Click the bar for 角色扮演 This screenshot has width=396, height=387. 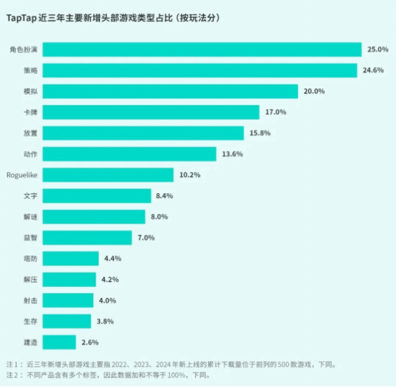click(206, 49)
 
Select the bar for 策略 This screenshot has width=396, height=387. click(204, 70)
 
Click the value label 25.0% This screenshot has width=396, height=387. click(378, 49)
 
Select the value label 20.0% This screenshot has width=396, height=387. click(315, 91)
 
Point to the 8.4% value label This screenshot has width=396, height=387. click(164, 195)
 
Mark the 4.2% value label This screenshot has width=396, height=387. click(109, 279)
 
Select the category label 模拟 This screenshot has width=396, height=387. click(30, 91)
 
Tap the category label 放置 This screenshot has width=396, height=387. click(30, 133)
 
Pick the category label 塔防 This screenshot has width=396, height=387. click(30, 258)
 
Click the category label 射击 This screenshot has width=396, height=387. click(30, 300)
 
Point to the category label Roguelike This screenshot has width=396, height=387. click(26, 174)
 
